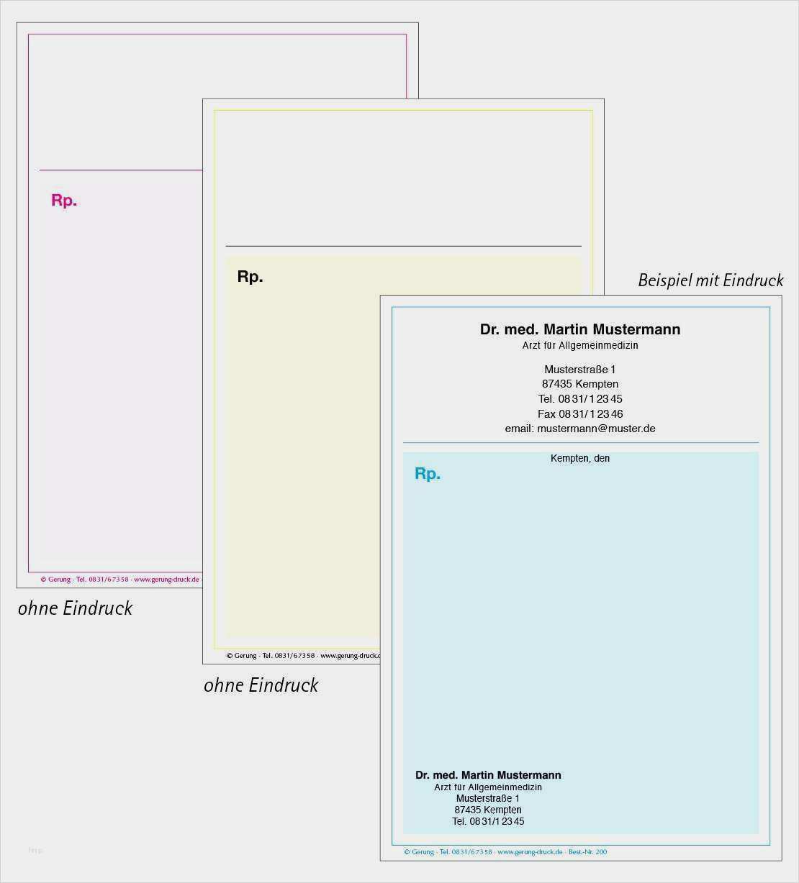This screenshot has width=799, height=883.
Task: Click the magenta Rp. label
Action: (63, 201)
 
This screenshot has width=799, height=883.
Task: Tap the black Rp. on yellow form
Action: (250, 277)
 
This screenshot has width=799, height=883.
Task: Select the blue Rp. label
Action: (427, 474)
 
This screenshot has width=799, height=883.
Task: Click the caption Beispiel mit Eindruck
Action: (710, 280)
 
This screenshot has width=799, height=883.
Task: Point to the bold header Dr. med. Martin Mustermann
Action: (579, 329)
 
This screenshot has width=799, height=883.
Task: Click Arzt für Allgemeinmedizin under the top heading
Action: (579, 346)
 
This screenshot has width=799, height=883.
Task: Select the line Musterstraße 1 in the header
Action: (579, 370)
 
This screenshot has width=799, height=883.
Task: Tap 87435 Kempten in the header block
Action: (579, 384)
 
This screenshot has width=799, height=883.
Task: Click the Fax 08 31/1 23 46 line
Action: (579, 414)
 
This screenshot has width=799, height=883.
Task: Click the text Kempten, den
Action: (579, 459)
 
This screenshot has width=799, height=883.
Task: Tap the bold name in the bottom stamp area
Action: (488, 775)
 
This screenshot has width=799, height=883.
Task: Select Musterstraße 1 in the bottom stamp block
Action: (487, 798)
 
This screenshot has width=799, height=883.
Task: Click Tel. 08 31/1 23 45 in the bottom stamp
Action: (487, 821)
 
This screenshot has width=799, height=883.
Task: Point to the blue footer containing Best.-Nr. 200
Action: (505, 852)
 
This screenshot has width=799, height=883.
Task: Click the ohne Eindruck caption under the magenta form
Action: (75, 608)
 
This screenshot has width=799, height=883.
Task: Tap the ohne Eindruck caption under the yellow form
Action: (261, 685)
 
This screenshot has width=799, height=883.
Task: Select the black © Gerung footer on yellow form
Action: (302, 656)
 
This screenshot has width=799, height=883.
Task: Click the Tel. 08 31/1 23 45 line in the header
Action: (579, 399)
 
